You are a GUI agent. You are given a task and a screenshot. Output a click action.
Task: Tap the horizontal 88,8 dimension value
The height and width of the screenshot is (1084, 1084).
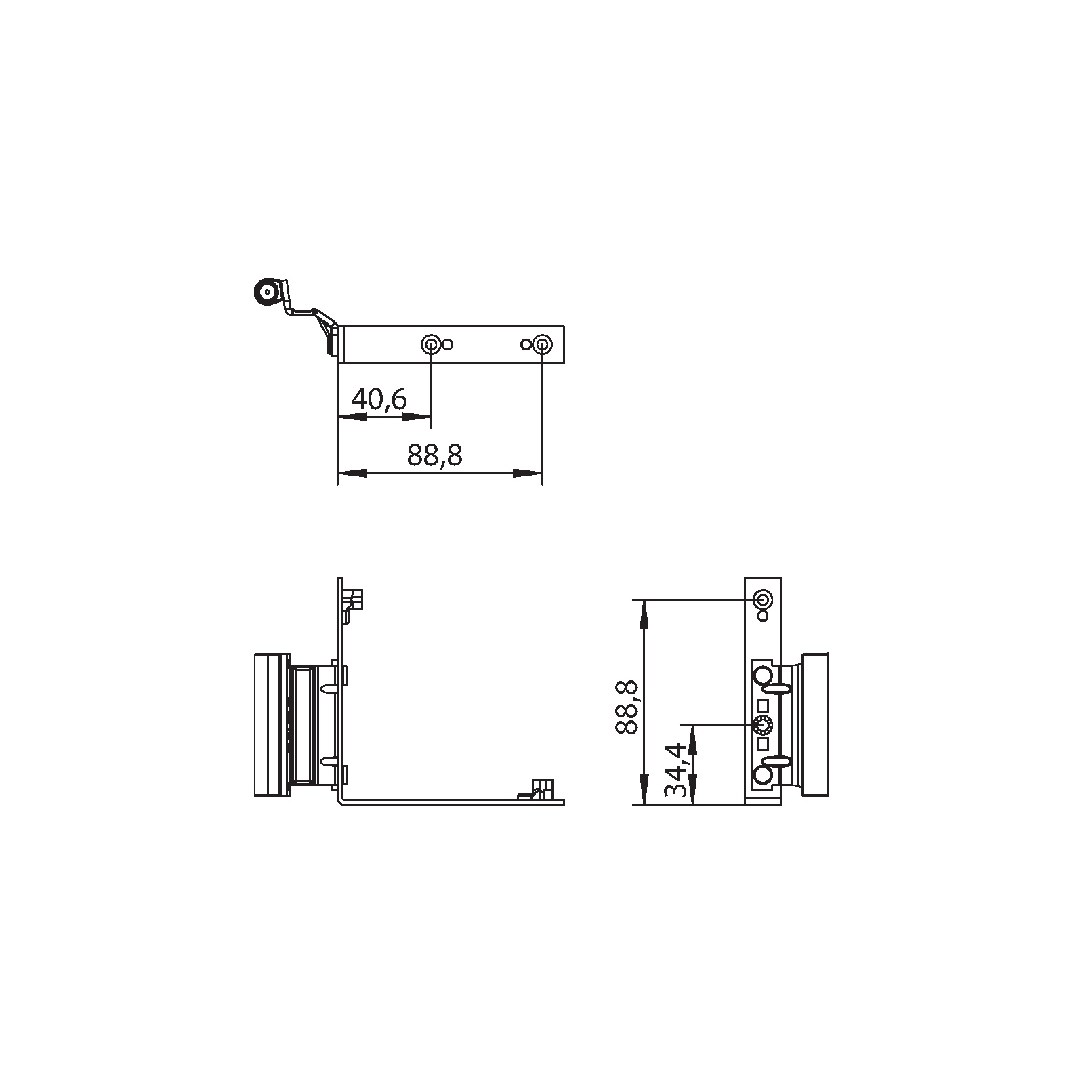tap(435, 455)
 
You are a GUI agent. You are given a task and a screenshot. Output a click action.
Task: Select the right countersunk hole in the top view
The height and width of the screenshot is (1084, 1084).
tap(541, 345)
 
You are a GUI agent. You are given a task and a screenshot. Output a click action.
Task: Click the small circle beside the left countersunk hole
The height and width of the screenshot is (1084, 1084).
tap(447, 345)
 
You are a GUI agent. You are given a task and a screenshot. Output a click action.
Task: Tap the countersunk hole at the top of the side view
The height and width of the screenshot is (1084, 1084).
tap(763, 600)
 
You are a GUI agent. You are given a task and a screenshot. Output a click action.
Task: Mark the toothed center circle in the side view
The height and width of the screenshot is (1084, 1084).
tap(763, 726)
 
